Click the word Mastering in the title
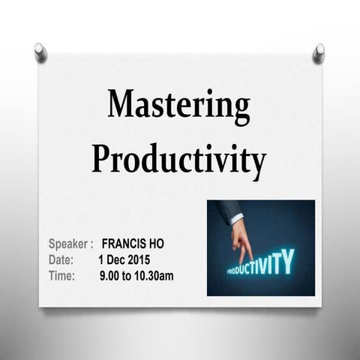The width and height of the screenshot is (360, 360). coord(178,107)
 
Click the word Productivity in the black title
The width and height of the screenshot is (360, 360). coord(178,158)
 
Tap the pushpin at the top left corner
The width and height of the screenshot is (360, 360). coord(40,52)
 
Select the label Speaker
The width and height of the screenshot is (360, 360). coord(68,244)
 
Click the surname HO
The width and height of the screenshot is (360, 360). coord(155,244)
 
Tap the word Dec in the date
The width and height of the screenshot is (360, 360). coord(113,259)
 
